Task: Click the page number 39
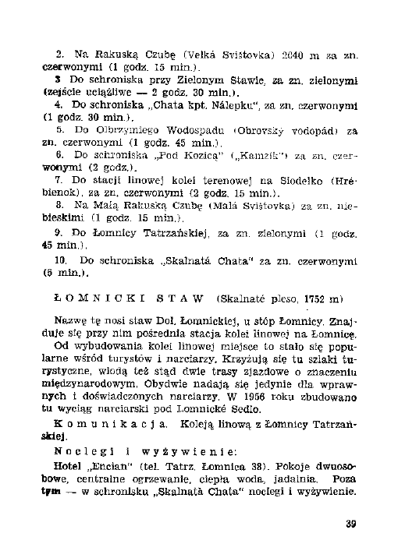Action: tap(350, 522)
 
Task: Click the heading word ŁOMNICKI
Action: tap(88, 298)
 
